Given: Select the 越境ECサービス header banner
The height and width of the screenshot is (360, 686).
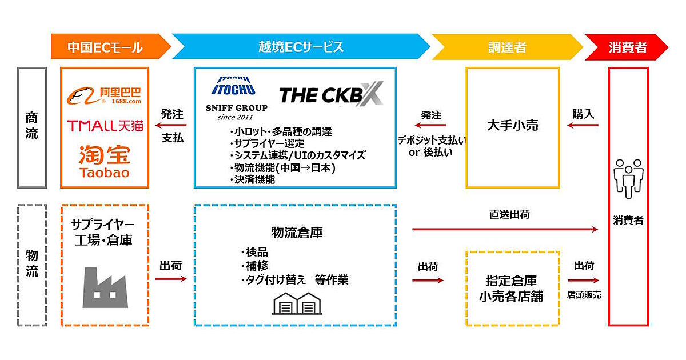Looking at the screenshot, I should pos(301,47).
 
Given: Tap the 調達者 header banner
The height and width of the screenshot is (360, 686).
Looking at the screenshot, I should pos(506,47).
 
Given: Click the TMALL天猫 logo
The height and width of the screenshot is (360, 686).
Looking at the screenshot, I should pos(105,125).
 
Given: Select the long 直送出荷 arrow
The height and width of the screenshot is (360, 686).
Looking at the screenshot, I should pos(505,229).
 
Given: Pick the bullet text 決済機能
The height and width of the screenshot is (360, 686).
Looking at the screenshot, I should pos(254,179).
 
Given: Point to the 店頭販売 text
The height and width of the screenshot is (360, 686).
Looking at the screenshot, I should pos(584,295).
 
